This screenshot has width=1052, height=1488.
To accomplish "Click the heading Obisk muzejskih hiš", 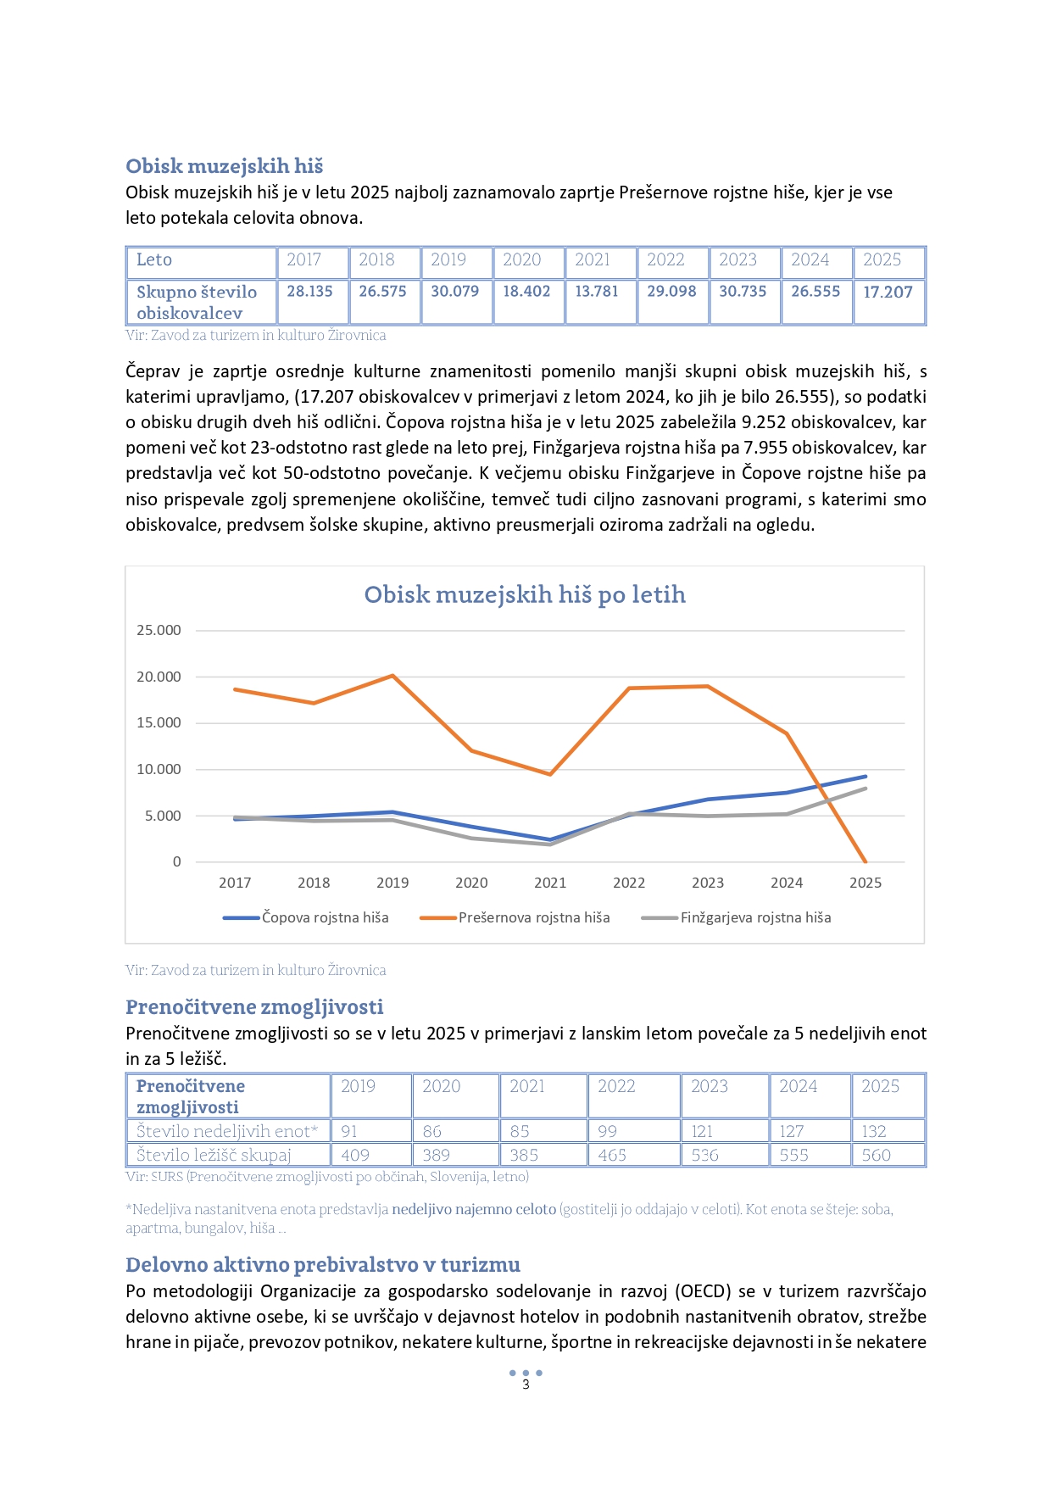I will click(224, 165).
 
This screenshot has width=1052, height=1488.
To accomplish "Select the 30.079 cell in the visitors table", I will click(454, 291).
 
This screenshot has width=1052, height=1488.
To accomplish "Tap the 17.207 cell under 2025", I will click(888, 292).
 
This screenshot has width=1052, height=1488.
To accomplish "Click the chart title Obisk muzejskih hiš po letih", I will click(525, 594).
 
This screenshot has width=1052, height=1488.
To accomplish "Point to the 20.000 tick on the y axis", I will click(159, 677).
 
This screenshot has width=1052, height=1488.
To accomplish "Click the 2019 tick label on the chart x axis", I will click(392, 883).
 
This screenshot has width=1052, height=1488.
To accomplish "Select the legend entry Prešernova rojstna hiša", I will click(534, 917).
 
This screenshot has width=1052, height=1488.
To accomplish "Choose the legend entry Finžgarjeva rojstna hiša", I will click(755, 917).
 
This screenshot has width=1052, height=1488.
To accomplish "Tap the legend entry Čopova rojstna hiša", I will click(325, 917).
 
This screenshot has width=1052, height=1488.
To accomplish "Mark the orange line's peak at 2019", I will click(392, 676).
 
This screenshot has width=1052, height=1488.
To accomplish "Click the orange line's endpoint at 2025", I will click(866, 861).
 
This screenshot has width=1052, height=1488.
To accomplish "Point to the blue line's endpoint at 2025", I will click(866, 776).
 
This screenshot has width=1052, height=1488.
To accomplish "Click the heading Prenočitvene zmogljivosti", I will click(254, 1006).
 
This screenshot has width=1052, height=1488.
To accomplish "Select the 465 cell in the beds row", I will click(612, 1155).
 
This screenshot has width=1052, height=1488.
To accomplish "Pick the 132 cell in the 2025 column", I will click(874, 1131).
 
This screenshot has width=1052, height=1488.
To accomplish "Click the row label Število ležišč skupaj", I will click(214, 1155).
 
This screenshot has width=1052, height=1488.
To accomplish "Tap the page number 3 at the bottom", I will click(526, 1385).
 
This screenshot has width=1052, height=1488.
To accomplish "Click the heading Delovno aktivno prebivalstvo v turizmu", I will click(322, 1264).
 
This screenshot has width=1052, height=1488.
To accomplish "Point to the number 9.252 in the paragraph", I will click(765, 422).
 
